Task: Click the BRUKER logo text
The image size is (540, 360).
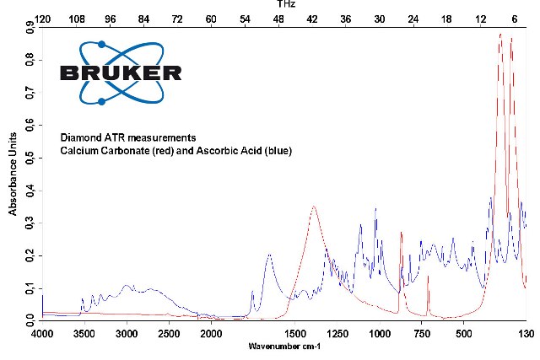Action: pyautogui.click(x=121, y=73)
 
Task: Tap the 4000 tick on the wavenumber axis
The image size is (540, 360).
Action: pyautogui.click(x=43, y=333)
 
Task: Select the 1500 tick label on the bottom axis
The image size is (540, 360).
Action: pyautogui.click(x=295, y=333)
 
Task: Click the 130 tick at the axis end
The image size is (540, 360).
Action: pyautogui.click(x=526, y=333)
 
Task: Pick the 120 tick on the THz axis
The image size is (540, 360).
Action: pyautogui.click(x=43, y=17)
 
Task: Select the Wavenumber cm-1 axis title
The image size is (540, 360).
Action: pyautogui.click(x=285, y=347)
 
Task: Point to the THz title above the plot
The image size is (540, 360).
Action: pyautogui.click(x=285, y=4)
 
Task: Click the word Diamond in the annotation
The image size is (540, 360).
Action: pyautogui.click(x=79, y=137)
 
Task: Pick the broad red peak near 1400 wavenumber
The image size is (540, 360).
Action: pyautogui.click(x=314, y=207)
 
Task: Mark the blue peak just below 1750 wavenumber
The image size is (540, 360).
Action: pyautogui.click(x=269, y=255)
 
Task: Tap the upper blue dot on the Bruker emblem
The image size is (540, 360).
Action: pyautogui.click(x=102, y=44)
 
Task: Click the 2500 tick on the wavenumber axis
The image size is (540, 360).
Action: pyautogui.click(x=169, y=333)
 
